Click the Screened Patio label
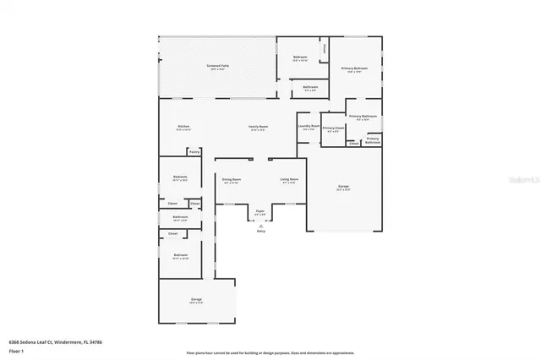pyautogui.click(x=218, y=65)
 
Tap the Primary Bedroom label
pyautogui.click(x=354, y=68)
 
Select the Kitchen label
pyautogui.click(x=183, y=126)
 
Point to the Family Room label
pyautogui.click(x=257, y=127)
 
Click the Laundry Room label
pyautogui.click(x=309, y=127)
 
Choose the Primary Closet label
pyautogui.click(x=333, y=128)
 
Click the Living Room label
pyautogui.click(x=288, y=179)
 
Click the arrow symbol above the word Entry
pyautogui.click(x=261, y=226)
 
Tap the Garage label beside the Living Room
pyautogui.click(x=344, y=186)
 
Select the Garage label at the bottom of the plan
pyautogui.click(x=196, y=299)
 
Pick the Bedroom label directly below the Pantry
pyautogui.click(x=180, y=177)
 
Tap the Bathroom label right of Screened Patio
pyautogui.click(x=310, y=86)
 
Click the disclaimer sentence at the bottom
pyautogui.click(x=270, y=352)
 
